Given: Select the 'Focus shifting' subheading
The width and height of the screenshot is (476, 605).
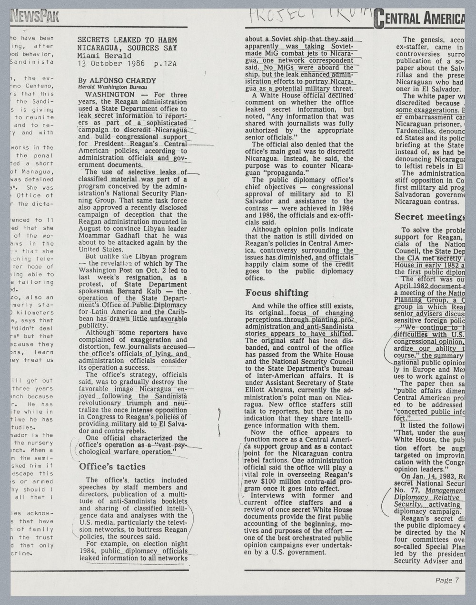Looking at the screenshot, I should tap(277, 292).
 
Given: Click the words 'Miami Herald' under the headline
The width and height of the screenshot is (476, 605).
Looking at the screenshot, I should tap(105, 56).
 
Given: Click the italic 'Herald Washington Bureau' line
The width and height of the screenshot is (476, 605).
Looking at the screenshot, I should tap(112, 87).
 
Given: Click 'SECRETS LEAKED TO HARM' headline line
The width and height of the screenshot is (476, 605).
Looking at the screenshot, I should tap(127, 40).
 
